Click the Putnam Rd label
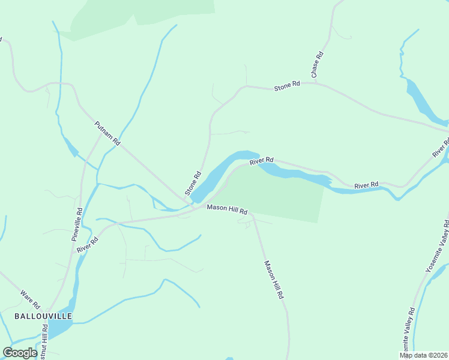(x=108, y=134)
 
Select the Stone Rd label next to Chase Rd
(x=287, y=86)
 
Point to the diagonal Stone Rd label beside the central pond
(x=193, y=184)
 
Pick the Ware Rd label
(x=30, y=296)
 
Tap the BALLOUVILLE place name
(x=43, y=316)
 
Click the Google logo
(x=20, y=353)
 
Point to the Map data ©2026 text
(x=424, y=355)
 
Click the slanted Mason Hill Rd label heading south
(x=274, y=280)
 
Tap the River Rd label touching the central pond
(x=262, y=161)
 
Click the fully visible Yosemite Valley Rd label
(x=437, y=246)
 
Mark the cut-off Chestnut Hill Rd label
(x=44, y=342)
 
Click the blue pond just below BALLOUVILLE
(x=59, y=328)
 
